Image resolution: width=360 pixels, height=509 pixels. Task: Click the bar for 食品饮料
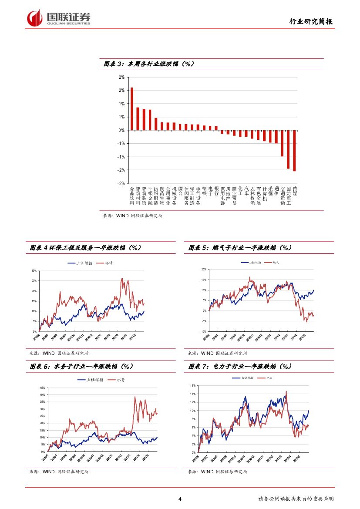[x=132, y=109]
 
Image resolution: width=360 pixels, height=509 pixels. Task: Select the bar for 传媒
[x=294, y=151]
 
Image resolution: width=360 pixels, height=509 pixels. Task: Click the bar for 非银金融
[x=150, y=120]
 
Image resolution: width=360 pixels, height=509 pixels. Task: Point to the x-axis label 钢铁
[x=204, y=191]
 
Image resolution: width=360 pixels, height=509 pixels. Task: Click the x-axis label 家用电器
[x=222, y=196]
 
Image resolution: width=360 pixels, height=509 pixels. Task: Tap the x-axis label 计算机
[x=264, y=193]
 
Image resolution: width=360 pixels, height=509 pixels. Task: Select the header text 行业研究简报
[x=311, y=22]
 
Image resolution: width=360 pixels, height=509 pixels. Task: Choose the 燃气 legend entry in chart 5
[x=276, y=263]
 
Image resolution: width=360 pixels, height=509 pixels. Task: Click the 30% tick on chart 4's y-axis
[x=34, y=270]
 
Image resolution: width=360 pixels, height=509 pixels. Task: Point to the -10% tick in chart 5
[x=203, y=331]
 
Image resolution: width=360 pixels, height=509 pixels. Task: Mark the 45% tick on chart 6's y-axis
[x=42, y=388]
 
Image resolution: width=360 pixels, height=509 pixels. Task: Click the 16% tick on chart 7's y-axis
[x=192, y=386]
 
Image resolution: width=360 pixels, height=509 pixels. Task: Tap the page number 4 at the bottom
[x=180, y=499]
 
